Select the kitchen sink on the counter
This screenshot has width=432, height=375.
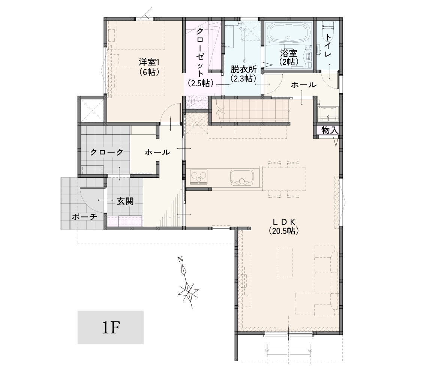click(x=241, y=178)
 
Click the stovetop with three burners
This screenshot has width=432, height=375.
click(x=198, y=177)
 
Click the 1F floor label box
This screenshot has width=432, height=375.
click(x=111, y=327)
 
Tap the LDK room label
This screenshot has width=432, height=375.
click(x=284, y=222)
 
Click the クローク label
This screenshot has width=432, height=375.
click(x=106, y=152)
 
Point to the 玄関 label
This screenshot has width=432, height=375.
click(x=125, y=201)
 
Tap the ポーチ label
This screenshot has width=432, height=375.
click(x=85, y=217)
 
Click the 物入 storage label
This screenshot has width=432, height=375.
click(x=330, y=130)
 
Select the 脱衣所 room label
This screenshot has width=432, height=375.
click(x=243, y=69)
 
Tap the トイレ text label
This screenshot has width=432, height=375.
click(x=328, y=45)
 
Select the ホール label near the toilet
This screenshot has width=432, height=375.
click(x=304, y=85)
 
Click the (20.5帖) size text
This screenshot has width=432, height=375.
click(x=284, y=231)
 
